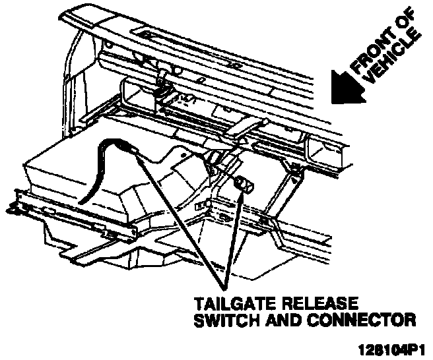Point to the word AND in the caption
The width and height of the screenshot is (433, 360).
(x=277, y=321)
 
